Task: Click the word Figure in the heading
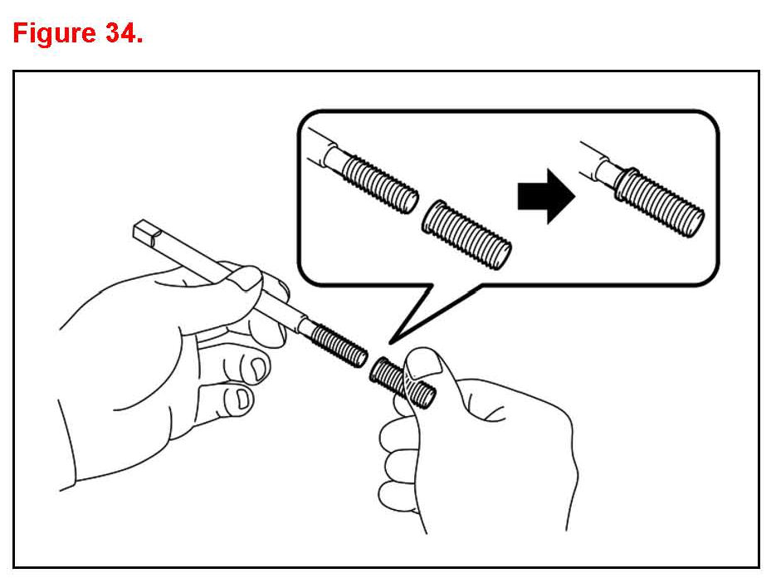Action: coord(54,34)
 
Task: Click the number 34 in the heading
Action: coord(120,33)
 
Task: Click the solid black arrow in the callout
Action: coord(546,196)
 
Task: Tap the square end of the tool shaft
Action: coord(147,233)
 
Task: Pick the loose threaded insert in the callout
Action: coord(466,234)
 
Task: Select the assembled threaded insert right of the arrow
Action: coord(659,202)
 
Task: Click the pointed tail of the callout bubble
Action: coord(391,342)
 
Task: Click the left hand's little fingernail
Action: coord(241,399)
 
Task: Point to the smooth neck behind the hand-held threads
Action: coord(306,327)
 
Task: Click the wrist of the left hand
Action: coord(67,446)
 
